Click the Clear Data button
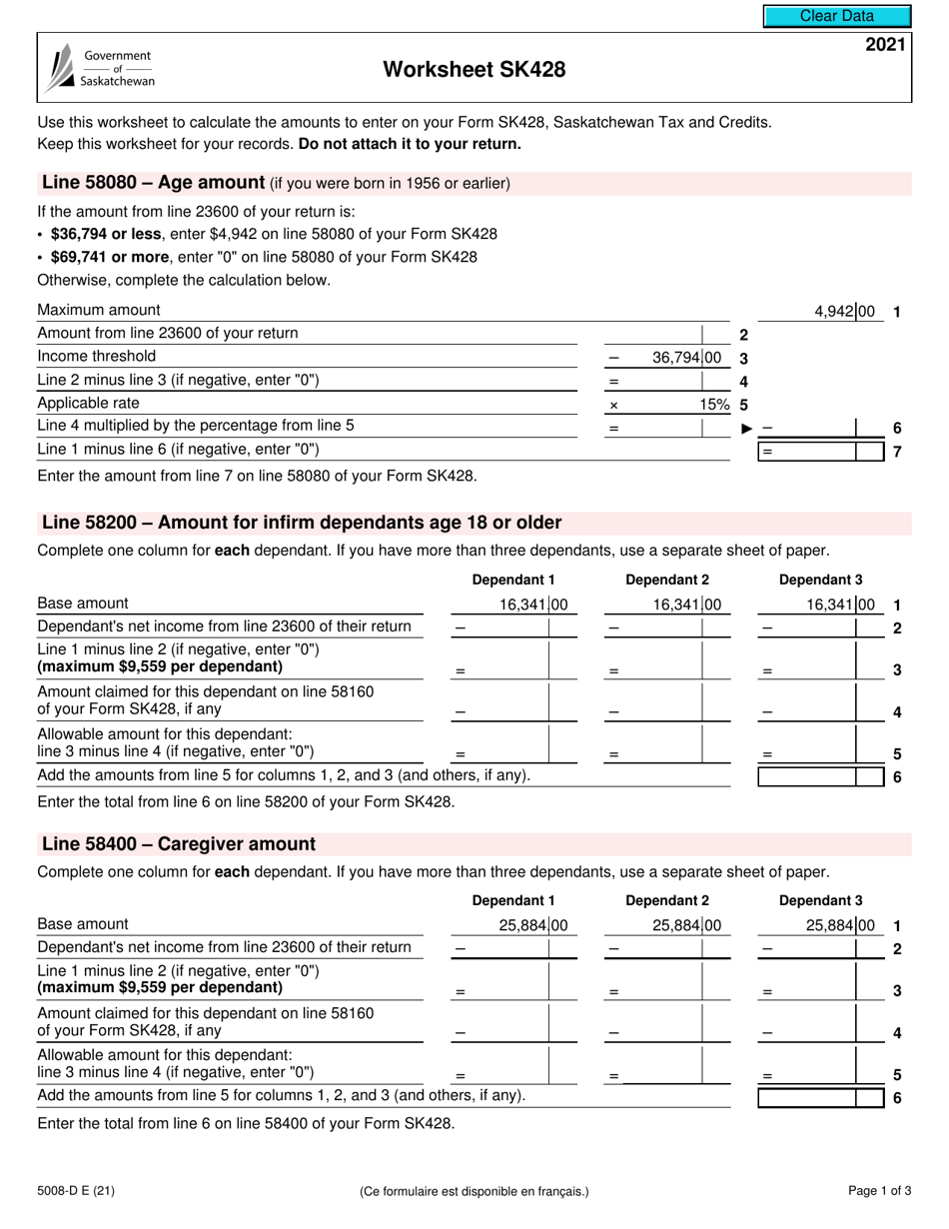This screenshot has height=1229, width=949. [x=837, y=16]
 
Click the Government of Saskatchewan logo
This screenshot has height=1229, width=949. [x=101, y=69]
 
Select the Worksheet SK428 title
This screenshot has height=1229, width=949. [x=474, y=69]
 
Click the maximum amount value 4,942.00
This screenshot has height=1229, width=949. [x=844, y=311]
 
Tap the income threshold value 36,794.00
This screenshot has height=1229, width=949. [x=686, y=357]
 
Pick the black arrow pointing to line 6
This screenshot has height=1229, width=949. [x=746, y=428]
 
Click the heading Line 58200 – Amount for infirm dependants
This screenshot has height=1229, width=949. [x=301, y=523]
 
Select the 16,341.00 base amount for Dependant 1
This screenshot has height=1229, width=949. [x=533, y=604]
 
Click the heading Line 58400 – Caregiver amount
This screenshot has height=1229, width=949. [x=178, y=843]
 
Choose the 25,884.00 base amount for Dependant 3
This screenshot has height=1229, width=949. [x=840, y=925]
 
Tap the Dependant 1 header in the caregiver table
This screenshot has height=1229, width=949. [x=512, y=900]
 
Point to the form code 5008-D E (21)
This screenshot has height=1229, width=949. [x=76, y=1190]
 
